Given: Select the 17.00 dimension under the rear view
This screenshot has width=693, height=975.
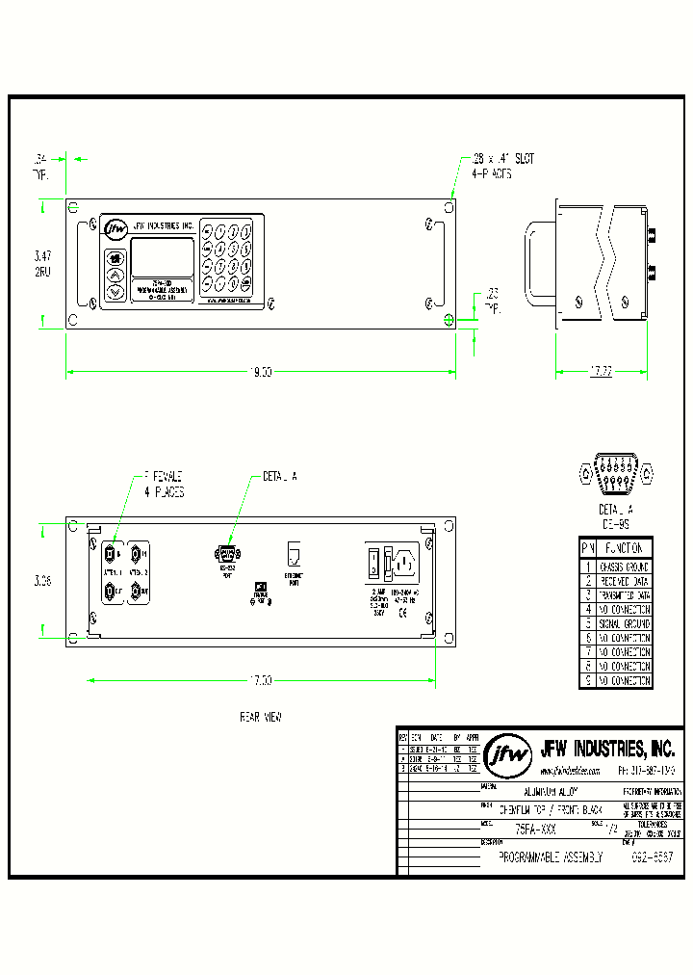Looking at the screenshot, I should click(x=262, y=680).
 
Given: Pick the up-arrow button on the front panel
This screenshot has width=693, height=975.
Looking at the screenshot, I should click(x=115, y=275).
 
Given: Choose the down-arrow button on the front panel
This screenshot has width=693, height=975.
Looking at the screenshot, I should click(x=115, y=291).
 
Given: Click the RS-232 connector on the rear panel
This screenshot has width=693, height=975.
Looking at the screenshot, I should click(x=229, y=553).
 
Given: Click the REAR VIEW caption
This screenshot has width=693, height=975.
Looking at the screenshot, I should click(x=260, y=718).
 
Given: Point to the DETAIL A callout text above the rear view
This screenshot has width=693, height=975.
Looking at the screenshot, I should click(x=280, y=476).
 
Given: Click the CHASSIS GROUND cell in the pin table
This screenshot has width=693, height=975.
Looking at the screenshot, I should click(x=624, y=567).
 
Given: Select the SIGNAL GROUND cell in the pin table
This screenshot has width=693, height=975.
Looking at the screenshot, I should click(x=624, y=623).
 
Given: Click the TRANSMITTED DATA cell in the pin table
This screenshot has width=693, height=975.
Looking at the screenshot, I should click(x=624, y=595).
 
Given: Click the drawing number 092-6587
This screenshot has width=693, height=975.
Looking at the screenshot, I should click(x=652, y=856).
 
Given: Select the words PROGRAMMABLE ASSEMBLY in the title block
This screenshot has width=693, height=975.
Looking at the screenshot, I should click(x=552, y=856).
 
